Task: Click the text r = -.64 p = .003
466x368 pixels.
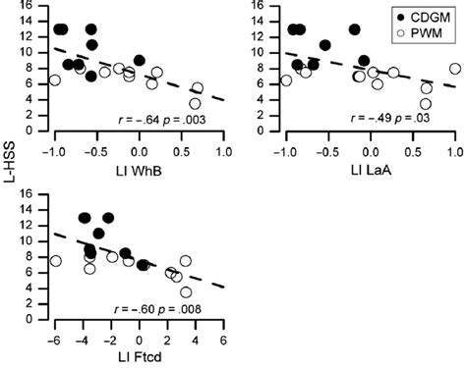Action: pos(166,118)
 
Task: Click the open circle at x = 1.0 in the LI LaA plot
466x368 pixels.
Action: pos(455,69)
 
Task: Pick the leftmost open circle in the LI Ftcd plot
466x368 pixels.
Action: pos(56,261)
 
